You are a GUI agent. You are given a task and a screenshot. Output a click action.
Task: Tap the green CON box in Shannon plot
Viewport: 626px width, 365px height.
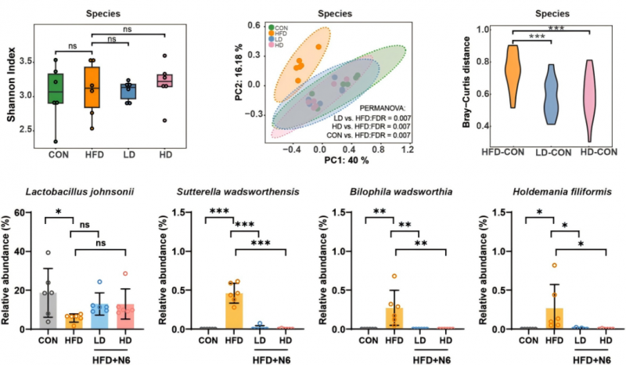click(x=56, y=89)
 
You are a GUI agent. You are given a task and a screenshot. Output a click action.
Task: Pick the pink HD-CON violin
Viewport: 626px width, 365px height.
click(x=593, y=102)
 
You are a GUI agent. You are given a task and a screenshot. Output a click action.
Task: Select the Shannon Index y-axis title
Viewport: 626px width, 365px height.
click(x=13, y=86)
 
